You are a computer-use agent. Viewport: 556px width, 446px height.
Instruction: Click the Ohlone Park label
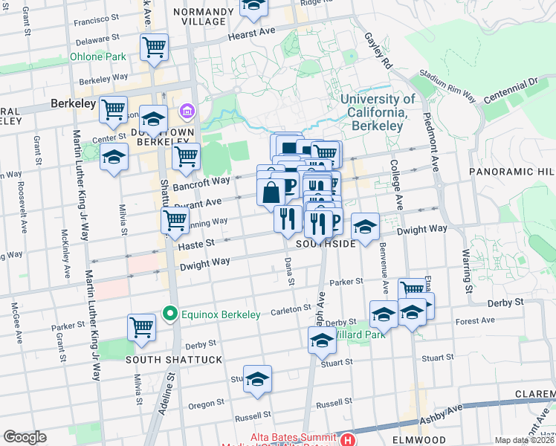[98, 56]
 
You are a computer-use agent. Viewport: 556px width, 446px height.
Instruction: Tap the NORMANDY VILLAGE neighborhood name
[198, 16]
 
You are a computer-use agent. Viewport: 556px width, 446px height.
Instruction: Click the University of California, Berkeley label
[378, 112]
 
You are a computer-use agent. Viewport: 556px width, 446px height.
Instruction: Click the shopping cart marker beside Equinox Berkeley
[141, 326]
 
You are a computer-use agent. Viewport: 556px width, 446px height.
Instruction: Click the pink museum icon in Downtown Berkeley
[186, 113]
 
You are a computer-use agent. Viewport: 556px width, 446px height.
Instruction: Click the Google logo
[25, 436]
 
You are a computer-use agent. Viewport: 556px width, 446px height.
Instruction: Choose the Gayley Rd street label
[378, 51]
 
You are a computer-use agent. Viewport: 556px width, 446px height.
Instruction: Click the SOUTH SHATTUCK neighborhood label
[174, 360]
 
